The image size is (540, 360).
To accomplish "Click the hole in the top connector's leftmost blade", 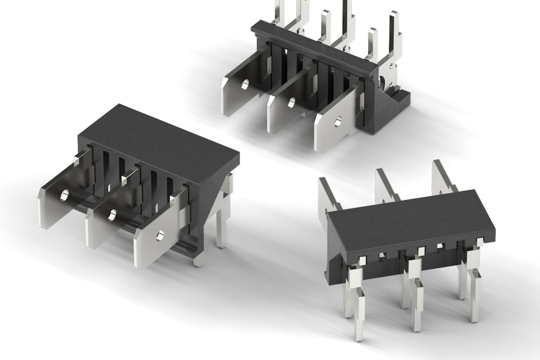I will click(x=245, y=85).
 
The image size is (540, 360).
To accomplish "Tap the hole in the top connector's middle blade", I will click(x=292, y=103).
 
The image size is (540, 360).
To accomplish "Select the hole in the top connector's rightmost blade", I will click(x=338, y=122).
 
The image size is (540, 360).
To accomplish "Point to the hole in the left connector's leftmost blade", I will click(x=64, y=195).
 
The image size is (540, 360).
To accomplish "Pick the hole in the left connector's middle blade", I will click(x=112, y=215).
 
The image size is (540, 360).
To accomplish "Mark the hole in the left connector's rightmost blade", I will click(x=160, y=235).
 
